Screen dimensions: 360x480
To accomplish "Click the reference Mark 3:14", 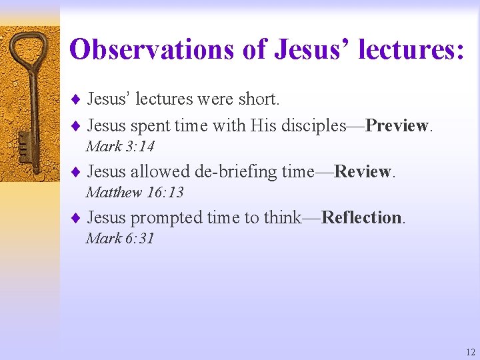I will (120, 146).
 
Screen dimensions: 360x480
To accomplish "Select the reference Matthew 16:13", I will (135, 193).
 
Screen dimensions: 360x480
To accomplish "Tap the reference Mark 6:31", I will (120, 238).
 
